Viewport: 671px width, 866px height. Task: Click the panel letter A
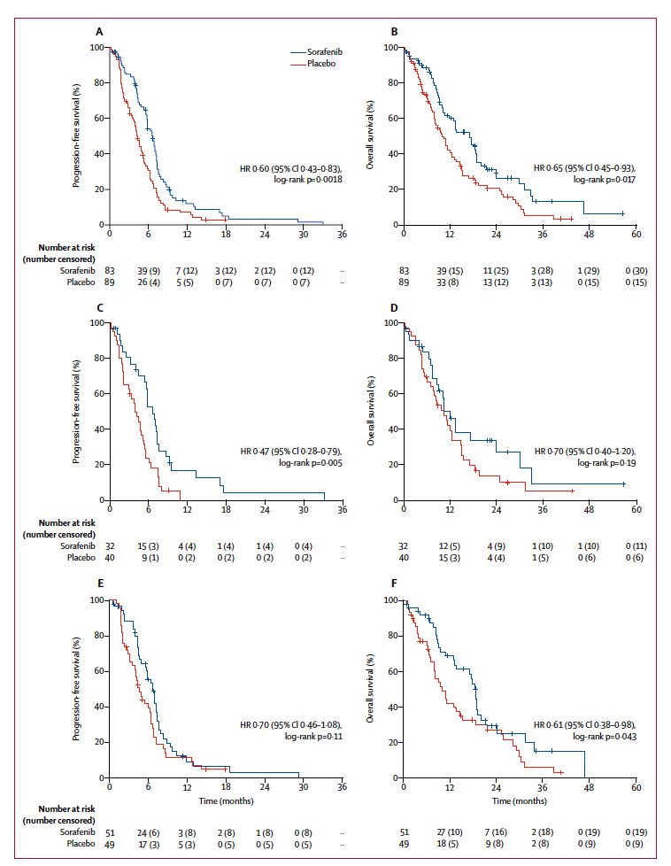coord(99,32)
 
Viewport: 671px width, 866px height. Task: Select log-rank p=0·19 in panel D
coord(605,461)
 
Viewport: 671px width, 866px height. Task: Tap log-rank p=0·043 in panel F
coord(603,737)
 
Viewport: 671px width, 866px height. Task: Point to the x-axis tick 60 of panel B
coord(636,235)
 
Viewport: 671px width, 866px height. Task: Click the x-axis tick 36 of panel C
coord(343,511)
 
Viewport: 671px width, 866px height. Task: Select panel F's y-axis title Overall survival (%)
coord(372,689)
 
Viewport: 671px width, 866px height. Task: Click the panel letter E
coord(99,585)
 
